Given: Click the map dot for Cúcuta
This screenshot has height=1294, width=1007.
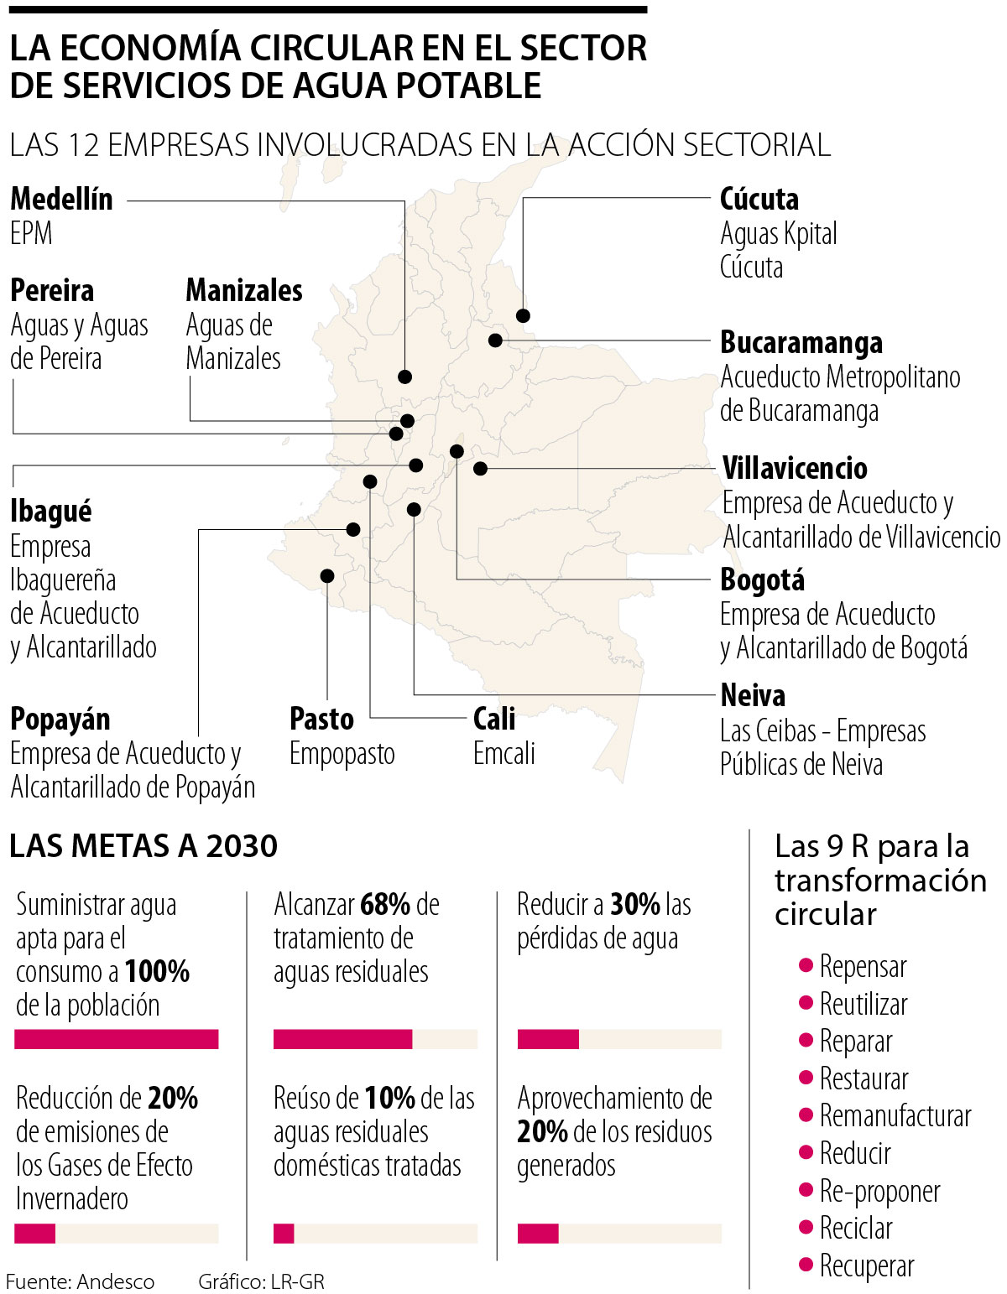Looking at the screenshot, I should [x=523, y=315].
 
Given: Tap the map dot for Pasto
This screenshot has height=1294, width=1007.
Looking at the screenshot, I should [x=327, y=575].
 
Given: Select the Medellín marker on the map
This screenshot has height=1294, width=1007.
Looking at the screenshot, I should [x=405, y=377].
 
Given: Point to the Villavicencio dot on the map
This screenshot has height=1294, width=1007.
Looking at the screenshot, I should [x=480, y=469].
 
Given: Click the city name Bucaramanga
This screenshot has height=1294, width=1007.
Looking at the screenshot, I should [x=801, y=343].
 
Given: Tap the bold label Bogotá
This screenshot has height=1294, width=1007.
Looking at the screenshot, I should [x=762, y=579].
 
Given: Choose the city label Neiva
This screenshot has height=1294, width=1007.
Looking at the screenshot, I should [x=753, y=695].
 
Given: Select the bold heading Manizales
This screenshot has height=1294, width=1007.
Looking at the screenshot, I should [x=243, y=290].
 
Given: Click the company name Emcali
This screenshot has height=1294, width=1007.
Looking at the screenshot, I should [x=503, y=753].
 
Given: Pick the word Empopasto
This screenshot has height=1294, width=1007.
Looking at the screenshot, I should [x=342, y=753].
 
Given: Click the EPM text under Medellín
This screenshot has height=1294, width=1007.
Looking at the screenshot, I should [x=31, y=233].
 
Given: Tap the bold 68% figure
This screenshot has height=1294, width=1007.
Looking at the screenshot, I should [x=385, y=904].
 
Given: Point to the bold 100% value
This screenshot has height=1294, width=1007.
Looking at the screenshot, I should [x=157, y=971].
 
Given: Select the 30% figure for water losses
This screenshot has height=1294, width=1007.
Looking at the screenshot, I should [x=635, y=904].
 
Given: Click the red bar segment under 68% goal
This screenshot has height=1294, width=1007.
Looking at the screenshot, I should [x=342, y=1039].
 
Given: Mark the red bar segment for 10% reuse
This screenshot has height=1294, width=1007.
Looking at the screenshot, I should [x=284, y=1233].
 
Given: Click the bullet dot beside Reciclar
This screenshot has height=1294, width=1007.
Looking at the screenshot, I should [x=806, y=1227].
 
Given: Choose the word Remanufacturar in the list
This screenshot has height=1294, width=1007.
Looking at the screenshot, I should [x=895, y=1116].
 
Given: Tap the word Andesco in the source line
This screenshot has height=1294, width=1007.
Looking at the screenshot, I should [x=116, y=1281].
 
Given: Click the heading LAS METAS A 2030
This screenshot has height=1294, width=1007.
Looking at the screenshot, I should [x=143, y=846].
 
